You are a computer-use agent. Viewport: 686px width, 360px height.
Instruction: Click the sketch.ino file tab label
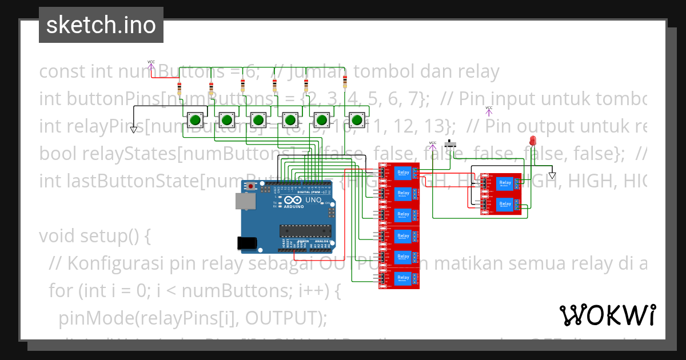[101, 25]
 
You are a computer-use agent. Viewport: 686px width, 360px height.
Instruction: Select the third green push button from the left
[259, 121]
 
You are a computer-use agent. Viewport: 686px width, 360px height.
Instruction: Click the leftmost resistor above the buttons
[180, 89]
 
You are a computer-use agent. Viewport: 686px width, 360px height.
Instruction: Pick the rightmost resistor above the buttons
[345, 82]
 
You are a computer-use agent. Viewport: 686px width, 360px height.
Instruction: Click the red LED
[533, 141]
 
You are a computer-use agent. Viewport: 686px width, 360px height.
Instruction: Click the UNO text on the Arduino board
[313, 201]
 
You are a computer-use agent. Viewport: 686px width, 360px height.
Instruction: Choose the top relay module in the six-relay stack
[398, 173]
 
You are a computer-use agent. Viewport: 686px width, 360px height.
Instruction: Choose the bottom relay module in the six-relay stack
[398, 278]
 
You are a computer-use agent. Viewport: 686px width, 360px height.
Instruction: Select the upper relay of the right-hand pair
[501, 183]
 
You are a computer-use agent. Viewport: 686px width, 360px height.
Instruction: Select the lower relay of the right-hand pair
[501, 205]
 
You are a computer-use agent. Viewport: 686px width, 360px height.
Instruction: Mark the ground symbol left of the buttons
[133, 130]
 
